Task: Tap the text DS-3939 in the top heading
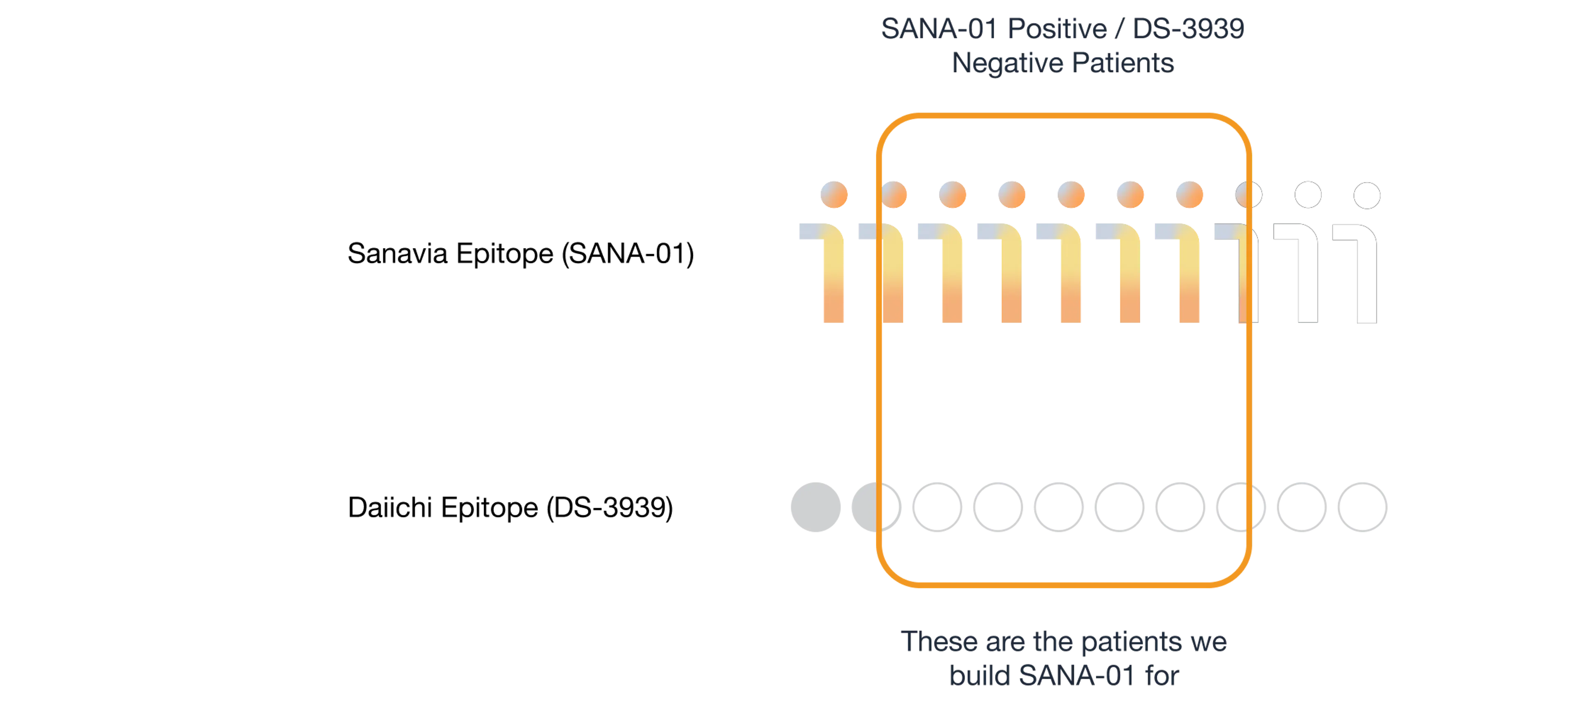(x=1188, y=29)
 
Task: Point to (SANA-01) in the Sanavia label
(x=627, y=254)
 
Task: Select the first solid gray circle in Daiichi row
(x=816, y=507)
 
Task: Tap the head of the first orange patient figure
(x=834, y=195)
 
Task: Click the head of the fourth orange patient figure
(x=1011, y=195)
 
